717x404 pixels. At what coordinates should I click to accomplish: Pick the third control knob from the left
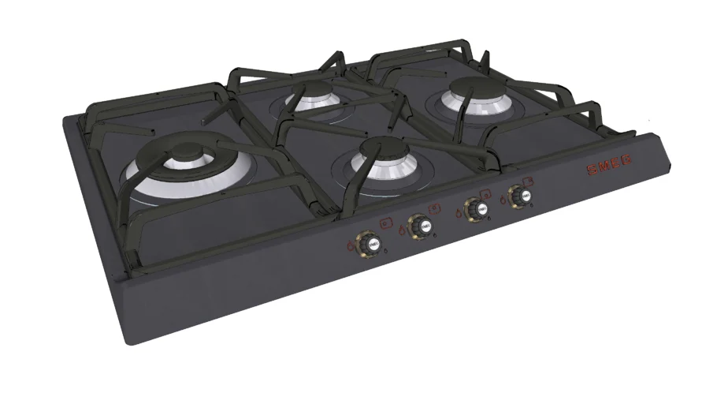[475, 210]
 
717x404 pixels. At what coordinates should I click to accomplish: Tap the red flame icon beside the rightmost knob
[502, 198]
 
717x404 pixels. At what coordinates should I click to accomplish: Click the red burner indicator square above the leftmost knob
[385, 223]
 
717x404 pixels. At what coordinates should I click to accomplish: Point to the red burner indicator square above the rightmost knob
[529, 180]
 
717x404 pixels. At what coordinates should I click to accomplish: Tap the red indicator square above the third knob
[488, 193]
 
